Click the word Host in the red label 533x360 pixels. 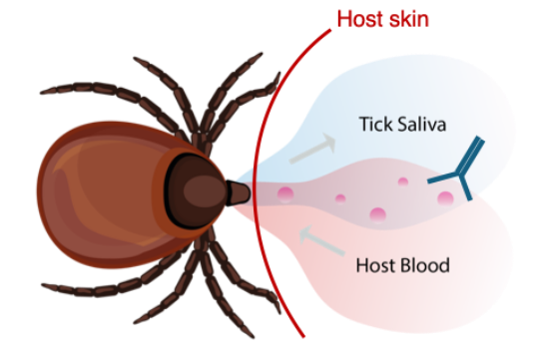pyautogui.click(x=360, y=19)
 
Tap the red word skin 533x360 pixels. pyautogui.click(x=409, y=19)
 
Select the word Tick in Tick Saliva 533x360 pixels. pyautogui.click(x=376, y=124)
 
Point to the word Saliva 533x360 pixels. pyautogui.click(x=422, y=124)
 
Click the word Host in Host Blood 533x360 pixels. pyautogui.click(x=376, y=265)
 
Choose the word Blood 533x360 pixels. pyautogui.click(x=425, y=265)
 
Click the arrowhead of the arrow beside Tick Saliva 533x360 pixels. pyautogui.click(x=329, y=142)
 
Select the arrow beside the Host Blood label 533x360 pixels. pyautogui.click(x=322, y=240)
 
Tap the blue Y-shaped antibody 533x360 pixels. pyautogui.click(x=458, y=170)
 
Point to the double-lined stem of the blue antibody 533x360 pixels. pyautogui.click(x=471, y=155)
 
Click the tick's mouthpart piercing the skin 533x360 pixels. pyautogui.click(x=239, y=192)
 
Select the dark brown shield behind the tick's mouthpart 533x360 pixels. pyautogui.click(x=195, y=191)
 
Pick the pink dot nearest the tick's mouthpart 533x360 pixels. pyautogui.click(x=285, y=194)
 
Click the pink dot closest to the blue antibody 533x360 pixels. pyautogui.click(x=445, y=198)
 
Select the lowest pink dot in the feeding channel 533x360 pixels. pyautogui.click(x=378, y=215)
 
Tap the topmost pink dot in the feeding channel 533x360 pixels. pyautogui.click(x=403, y=181)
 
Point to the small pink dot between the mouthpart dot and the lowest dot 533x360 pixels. pyautogui.click(x=340, y=198)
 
